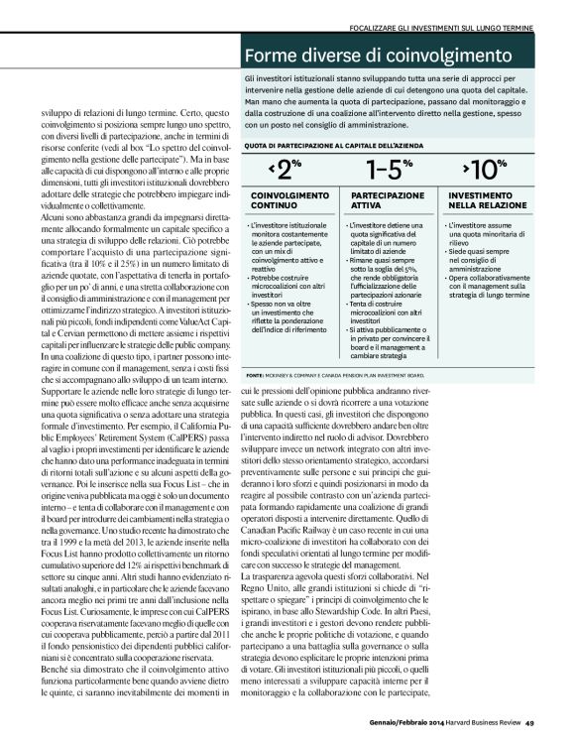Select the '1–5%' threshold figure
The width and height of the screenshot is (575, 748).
click(388, 169)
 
